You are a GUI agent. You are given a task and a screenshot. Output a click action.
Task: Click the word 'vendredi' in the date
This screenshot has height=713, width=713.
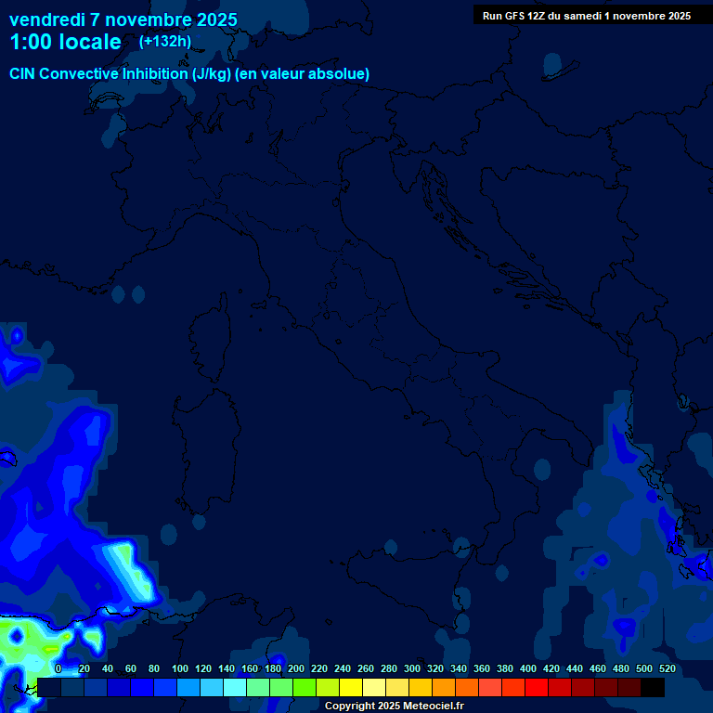point(46,19)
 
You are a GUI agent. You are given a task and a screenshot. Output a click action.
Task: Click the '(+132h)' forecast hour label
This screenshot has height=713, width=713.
point(164,42)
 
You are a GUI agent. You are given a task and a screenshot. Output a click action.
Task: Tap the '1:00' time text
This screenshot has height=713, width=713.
point(29,43)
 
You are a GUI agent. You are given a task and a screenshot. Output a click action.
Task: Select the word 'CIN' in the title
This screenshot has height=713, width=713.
point(25,74)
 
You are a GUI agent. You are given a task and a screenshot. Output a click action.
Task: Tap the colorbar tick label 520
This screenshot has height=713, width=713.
point(667,668)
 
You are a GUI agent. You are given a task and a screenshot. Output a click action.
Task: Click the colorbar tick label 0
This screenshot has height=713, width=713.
point(58,668)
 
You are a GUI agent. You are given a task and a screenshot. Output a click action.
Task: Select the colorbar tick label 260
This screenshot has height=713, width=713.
point(365,668)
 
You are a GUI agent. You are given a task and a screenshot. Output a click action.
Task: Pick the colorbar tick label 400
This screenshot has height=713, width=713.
point(527,668)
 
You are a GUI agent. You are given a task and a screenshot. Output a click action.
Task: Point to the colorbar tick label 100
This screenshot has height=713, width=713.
point(180,668)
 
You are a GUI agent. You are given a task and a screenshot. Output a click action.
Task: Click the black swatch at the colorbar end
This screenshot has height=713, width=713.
point(653,688)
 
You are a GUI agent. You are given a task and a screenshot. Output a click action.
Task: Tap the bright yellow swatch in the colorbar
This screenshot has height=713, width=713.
point(351,688)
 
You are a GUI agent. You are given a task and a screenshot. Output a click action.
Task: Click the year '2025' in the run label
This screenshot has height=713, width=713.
point(676,16)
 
